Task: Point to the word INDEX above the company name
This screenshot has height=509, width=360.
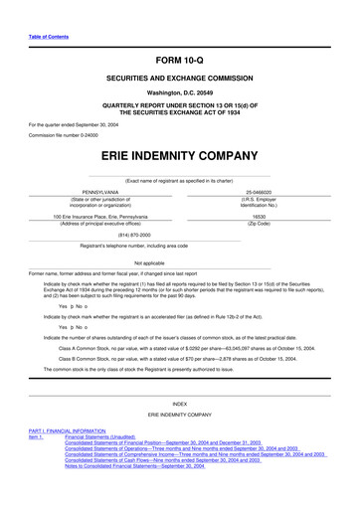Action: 179,405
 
